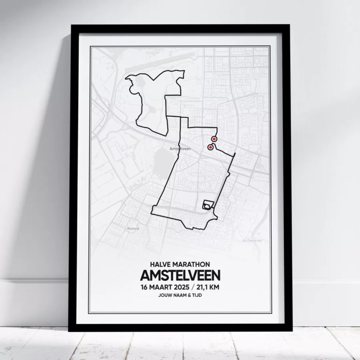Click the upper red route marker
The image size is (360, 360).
tap(214, 139)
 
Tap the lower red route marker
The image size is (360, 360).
tap(210, 147)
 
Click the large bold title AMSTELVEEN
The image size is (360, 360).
tap(180, 275)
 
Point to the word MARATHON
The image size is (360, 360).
tap(192, 264)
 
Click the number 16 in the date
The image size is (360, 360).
tap(143, 287)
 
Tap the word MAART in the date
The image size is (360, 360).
tap(162, 287)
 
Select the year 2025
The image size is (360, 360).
tap(184, 287)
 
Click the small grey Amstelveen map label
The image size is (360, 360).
tap(180, 149)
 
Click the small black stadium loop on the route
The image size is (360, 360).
tap(207, 205)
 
